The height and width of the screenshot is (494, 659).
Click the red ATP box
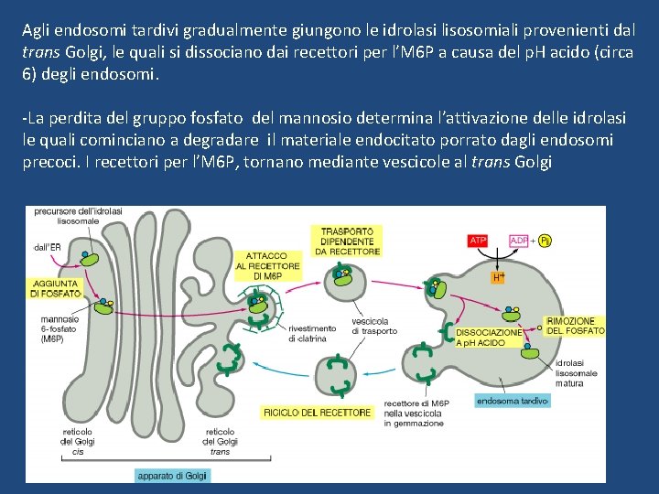[478, 241]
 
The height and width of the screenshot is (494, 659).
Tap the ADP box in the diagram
[518, 241]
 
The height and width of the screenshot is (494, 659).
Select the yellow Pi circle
[545, 241]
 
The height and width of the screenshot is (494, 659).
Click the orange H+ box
[499, 276]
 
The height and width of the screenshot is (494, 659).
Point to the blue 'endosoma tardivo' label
[512, 401]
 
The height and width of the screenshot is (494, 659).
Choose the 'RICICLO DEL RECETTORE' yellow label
[318, 413]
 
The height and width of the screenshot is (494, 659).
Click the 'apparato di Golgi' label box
[173, 475]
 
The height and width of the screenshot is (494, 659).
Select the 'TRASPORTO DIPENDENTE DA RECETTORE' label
[347, 239]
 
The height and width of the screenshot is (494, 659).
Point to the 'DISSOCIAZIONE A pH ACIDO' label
[489, 336]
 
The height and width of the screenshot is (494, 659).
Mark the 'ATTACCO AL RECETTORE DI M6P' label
[267, 265]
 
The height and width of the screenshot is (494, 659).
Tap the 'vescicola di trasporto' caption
[370, 326]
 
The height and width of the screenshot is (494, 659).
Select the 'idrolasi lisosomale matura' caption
[576, 373]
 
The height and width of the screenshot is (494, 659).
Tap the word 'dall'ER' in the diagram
[47, 246]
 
